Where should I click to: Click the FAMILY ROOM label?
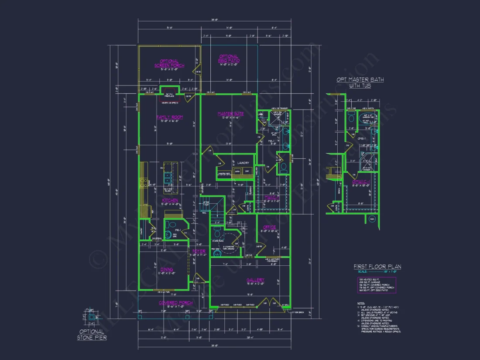coord(169,117)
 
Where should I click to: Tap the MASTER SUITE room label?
coord(230,114)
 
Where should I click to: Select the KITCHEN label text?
coord(170,200)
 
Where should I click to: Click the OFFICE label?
coord(269,227)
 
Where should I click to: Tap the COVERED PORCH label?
coord(175,302)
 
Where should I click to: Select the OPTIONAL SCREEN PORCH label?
coord(169,63)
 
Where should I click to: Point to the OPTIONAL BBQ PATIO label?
coord(229,58)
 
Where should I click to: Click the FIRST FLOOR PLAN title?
coord(377,267)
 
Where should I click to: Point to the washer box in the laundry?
coord(237,171)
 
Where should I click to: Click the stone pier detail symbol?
coord(92,317)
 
